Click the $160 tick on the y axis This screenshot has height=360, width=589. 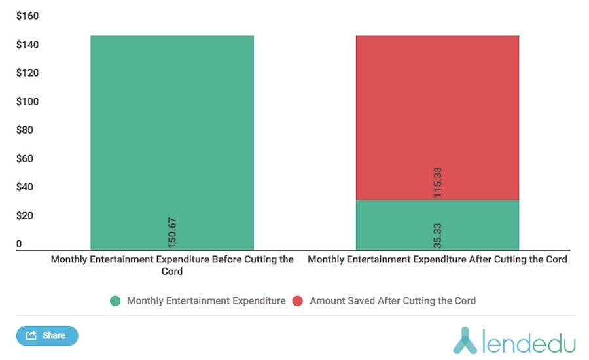[x=27, y=16]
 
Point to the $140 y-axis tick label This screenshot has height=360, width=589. [x=27, y=45]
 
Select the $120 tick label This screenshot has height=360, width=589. [x=27, y=73]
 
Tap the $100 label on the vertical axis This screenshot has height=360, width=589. [x=27, y=102]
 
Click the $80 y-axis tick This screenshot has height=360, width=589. [x=25, y=130]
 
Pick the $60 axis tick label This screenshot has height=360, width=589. [x=25, y=159]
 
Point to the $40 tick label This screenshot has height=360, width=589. [x=25, y=187]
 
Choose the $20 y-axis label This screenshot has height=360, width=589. [x=25, y=216]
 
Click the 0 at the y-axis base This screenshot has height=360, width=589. [x=19, y=244]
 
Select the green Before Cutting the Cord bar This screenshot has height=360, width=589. [x=171, y=131]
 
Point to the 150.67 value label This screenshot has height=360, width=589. [x=173, y=232]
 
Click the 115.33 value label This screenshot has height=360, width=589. [x=438, y=182]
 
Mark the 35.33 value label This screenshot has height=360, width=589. [x=438, y=235]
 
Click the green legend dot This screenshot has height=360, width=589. [x=116, y=301]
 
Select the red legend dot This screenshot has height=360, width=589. [x=298, y=301]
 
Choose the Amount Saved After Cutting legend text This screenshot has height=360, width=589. [x=393, y=301]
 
